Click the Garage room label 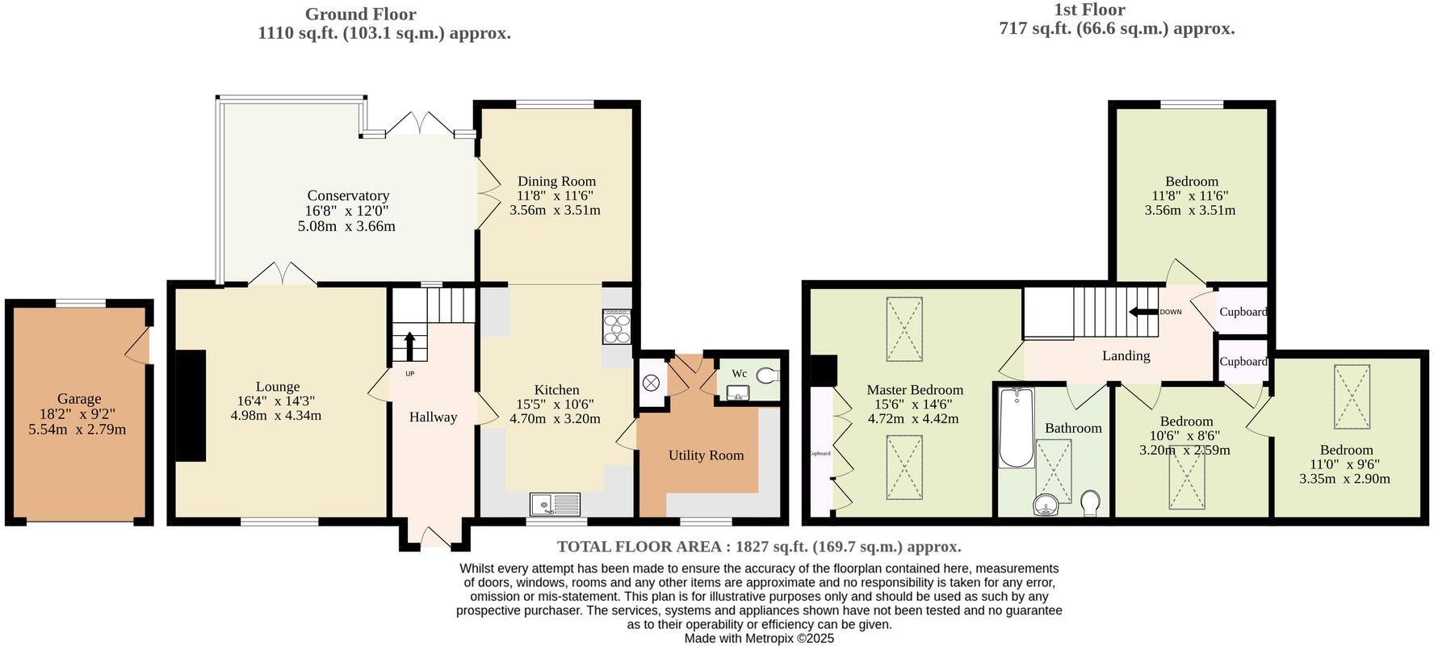(x=79, y=398)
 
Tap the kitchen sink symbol (x=556, y=505)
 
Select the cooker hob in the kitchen (x=617, y=327)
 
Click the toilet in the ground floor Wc (x=766, y=374)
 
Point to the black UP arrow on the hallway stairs (x=409, y=346)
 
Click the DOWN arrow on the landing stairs (x=1143, y=312)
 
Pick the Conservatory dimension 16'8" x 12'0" (x=347, y=211)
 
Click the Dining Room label (x=556, y=182)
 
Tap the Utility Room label (x=706, y=455)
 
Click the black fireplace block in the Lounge (x=191, y=405)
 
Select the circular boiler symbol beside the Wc (x=652, y=382)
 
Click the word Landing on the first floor (x=1126, y=355)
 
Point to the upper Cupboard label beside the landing (x=1243, y=312)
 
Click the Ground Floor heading (x=360, y=14)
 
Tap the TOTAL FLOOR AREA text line (x=759, y=547)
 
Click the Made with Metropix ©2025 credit (x=759, y=638)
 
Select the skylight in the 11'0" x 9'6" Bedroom (x=1352, y=396)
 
